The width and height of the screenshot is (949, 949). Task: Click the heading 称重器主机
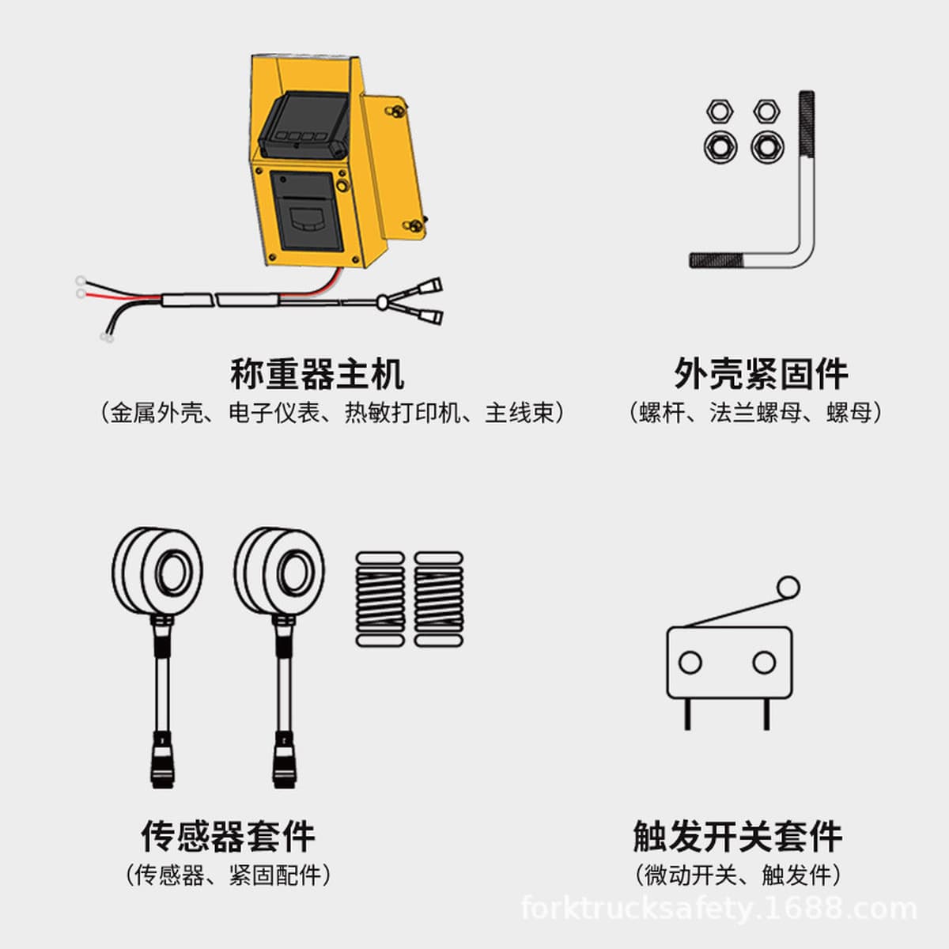point(317,374)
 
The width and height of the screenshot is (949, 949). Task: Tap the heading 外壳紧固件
point(761,374)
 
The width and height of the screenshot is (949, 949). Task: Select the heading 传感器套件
point(228,836)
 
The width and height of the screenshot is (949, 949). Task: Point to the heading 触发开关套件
point(738,836)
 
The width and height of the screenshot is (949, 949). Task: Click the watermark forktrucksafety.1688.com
point(719,909)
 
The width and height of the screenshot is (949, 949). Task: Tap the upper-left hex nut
point(720,111)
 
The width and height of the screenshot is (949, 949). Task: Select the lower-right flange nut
point(767,147)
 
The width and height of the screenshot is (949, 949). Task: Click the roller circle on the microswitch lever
point(788,588)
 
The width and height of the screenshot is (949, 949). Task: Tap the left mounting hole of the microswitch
point(690,663)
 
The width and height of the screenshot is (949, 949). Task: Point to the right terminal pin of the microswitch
point(766,714)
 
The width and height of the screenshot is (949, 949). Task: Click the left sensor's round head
point(157,571)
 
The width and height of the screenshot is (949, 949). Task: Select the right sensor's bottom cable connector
point(284,761)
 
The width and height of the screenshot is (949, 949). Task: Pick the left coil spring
point(380,599)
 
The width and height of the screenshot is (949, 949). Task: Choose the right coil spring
point(438,599)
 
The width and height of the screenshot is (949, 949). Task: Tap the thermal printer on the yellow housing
point(303,212)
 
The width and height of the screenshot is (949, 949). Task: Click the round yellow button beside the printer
point(342,186)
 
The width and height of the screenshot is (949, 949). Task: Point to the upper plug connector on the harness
point(430,286)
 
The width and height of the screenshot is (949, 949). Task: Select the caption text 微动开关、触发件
point(738,875)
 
